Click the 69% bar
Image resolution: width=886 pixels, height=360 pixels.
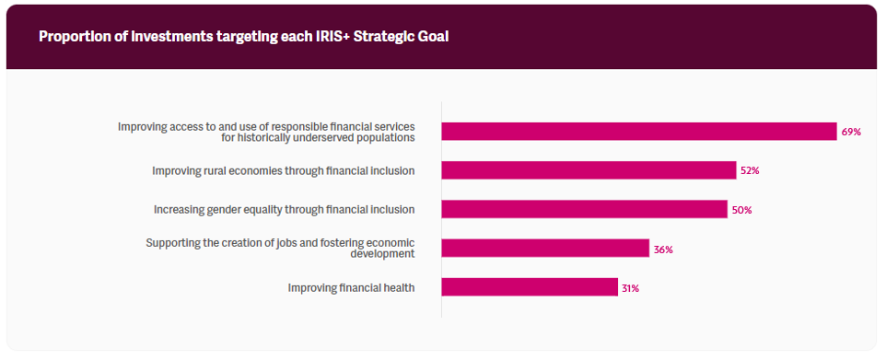coord(639,131)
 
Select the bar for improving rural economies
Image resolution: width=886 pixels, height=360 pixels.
coord(589,170)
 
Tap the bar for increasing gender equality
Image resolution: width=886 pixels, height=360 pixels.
coord(584,209)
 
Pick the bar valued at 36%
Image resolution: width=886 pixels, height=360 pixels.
coord(545,248)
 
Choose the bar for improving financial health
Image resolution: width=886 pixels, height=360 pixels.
coord(530,287)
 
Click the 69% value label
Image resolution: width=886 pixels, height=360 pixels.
coord(851,132)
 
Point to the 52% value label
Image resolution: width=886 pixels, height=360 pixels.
coord(750,170)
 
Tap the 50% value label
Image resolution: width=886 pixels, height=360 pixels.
coord(741,210)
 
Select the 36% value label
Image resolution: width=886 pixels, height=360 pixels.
coord(663,250)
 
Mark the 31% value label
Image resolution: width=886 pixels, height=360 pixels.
coord(631,288)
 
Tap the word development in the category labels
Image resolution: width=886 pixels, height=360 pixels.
coord(382,254)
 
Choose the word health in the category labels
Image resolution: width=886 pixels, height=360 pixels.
coord(400,287)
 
